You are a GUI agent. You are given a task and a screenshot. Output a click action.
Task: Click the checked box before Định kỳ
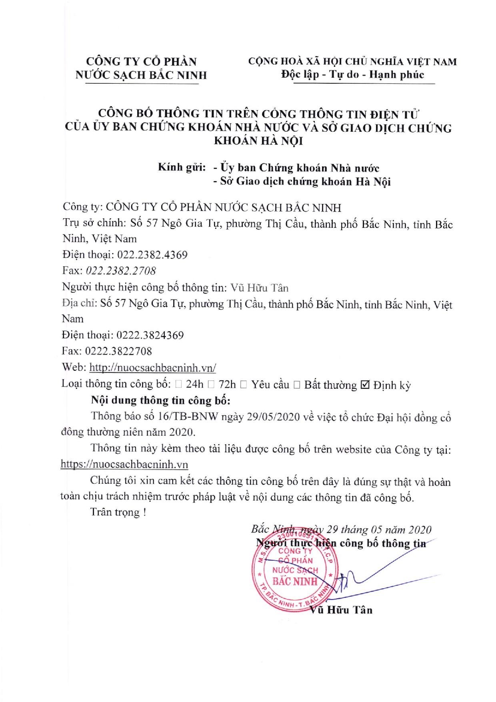coord(365,385)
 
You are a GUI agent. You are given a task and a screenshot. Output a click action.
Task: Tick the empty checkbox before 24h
coord(178,385)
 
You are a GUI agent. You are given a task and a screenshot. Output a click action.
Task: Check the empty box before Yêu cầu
coord(244,385)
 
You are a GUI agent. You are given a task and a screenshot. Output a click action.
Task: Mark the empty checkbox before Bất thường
coord(296,385)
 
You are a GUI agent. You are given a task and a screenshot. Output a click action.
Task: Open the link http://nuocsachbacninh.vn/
coord(153,368)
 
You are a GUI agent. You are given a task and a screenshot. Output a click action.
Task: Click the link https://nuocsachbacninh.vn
coord(124,464)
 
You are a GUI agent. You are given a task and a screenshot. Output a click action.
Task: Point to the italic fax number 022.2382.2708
coord(121,271)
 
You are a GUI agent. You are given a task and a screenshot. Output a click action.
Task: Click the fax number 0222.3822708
coord(119,351)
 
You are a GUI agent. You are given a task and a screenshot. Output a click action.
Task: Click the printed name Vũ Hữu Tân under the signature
coord(341,610)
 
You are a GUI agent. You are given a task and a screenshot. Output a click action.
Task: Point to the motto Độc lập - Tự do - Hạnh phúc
coord(352,74)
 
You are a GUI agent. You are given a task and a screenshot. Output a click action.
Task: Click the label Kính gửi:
coord(182,167)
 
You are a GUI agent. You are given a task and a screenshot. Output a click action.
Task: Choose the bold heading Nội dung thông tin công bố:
coord(161,400)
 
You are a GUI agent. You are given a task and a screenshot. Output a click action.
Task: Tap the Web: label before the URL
coord(74,368)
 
